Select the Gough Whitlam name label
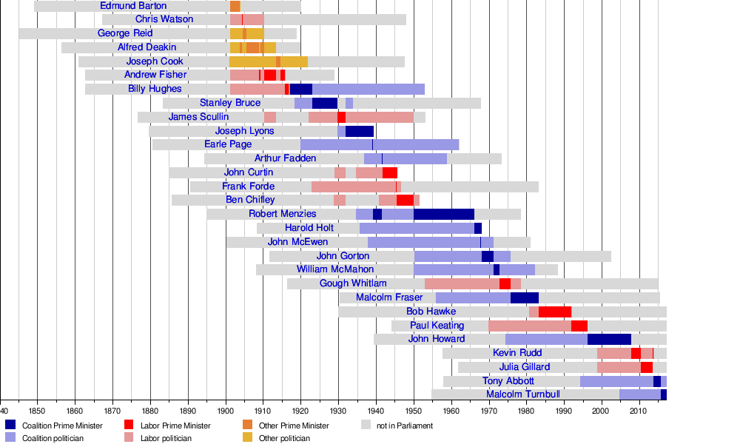point(353,283)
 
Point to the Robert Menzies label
point(282,214)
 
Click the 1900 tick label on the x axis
point(225,411)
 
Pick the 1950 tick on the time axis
point(413,411)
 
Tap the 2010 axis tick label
point(639,411)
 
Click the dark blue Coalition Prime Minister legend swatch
point(10,425)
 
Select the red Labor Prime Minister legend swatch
point(129,425)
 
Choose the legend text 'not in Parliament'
point(405,425)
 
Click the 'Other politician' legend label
point(284,438)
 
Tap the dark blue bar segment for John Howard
point(609,339)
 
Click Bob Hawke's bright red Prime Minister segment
point(555,312)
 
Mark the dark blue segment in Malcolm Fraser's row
point(524,297)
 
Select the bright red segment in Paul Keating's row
point(579,326)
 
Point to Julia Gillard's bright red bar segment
point(647,367)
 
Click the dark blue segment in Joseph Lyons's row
point(360,131)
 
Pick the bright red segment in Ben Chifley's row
point(405,200)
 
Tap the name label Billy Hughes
point(155,89)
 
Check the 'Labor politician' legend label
point(166,438)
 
